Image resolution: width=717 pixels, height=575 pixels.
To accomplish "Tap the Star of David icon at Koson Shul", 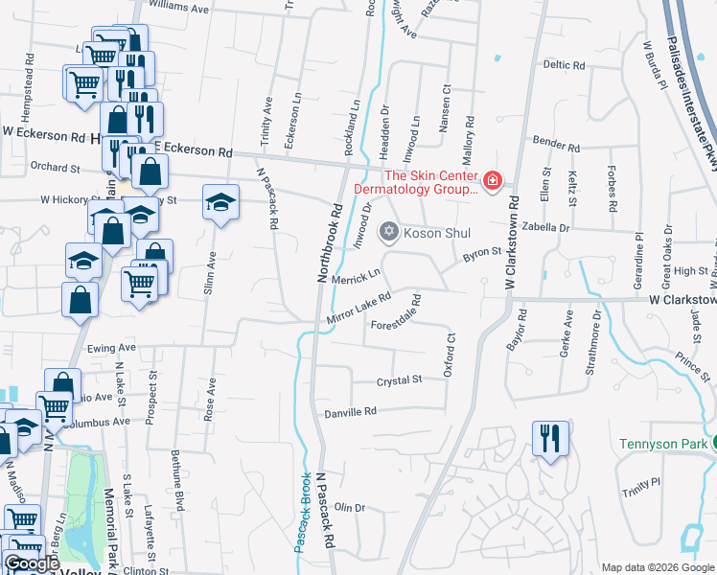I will pos(388,231).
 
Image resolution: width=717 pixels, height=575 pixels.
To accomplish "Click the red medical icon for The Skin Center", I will pos(493,180).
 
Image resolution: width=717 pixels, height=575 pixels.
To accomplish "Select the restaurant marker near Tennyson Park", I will pos(549,439).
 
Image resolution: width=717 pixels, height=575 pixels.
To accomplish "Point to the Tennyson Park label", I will pos(661,444).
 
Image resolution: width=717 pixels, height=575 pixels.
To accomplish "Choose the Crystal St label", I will pos(399,380).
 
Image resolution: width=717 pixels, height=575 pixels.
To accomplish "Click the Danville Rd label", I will pos(350,411).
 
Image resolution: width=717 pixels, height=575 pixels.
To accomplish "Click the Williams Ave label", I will pos(178,8).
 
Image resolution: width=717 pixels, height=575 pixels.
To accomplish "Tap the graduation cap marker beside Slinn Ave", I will pos(221,202).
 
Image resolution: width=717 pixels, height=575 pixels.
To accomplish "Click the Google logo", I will pos(32,564).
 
